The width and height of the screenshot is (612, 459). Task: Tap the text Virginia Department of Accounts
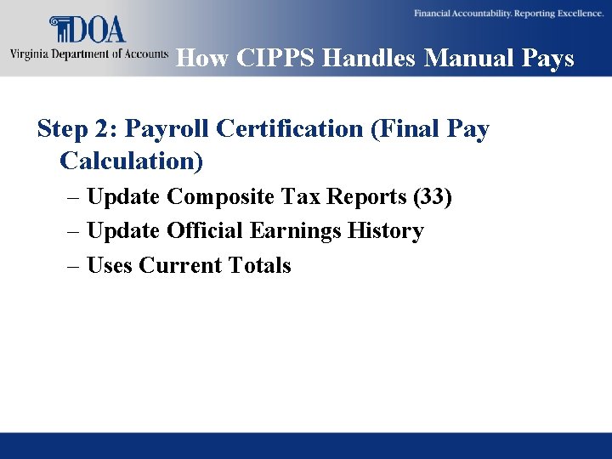[88, 55]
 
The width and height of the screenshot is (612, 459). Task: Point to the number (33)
[432, 197]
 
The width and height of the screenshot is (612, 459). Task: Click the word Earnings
[293, 231]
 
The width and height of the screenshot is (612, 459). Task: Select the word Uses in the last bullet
[110, 266]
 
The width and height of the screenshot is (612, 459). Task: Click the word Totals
[259, 266]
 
